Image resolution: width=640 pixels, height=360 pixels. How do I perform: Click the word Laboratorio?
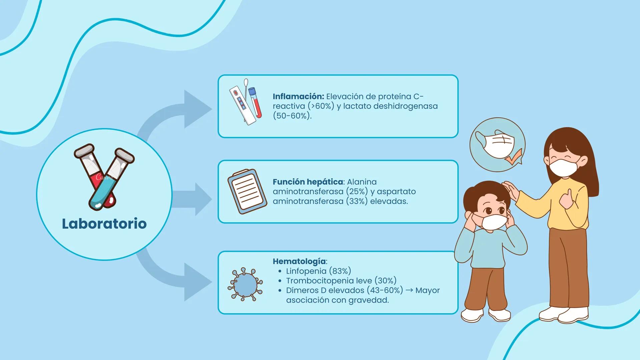point(104,224)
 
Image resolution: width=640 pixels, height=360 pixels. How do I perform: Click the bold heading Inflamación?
point(298,96)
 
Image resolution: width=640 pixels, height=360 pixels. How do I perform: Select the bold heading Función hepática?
point(308,182)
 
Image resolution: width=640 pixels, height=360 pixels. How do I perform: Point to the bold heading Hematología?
point(299,261)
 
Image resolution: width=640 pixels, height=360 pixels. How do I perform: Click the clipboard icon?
point(247,191)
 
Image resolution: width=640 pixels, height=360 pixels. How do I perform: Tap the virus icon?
point(245,284)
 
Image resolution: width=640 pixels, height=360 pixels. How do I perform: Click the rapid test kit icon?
point(245,102)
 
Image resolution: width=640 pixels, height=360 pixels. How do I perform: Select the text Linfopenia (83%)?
point(318,271)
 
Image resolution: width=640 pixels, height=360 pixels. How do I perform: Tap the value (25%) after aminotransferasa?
point(357,192)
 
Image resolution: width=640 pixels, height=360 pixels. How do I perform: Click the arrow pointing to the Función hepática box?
point(192,199)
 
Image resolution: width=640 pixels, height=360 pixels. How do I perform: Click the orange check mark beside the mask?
point(514,157)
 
